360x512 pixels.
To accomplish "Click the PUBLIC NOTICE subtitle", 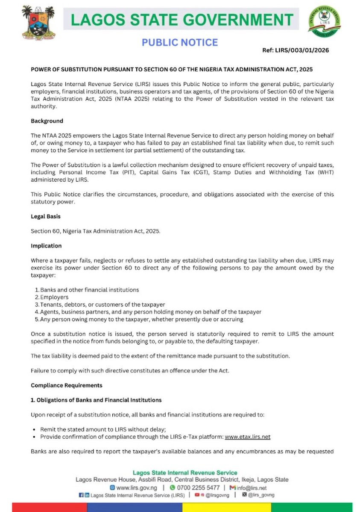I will point(180,42).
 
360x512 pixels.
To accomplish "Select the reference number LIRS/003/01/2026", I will point(296,50).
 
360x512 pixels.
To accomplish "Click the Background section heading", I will point(47,121).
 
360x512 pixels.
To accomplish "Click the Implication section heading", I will point(46,246).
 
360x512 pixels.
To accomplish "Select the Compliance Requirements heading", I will point(67,385).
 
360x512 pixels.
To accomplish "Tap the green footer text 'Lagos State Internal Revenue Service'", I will point(185,472).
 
